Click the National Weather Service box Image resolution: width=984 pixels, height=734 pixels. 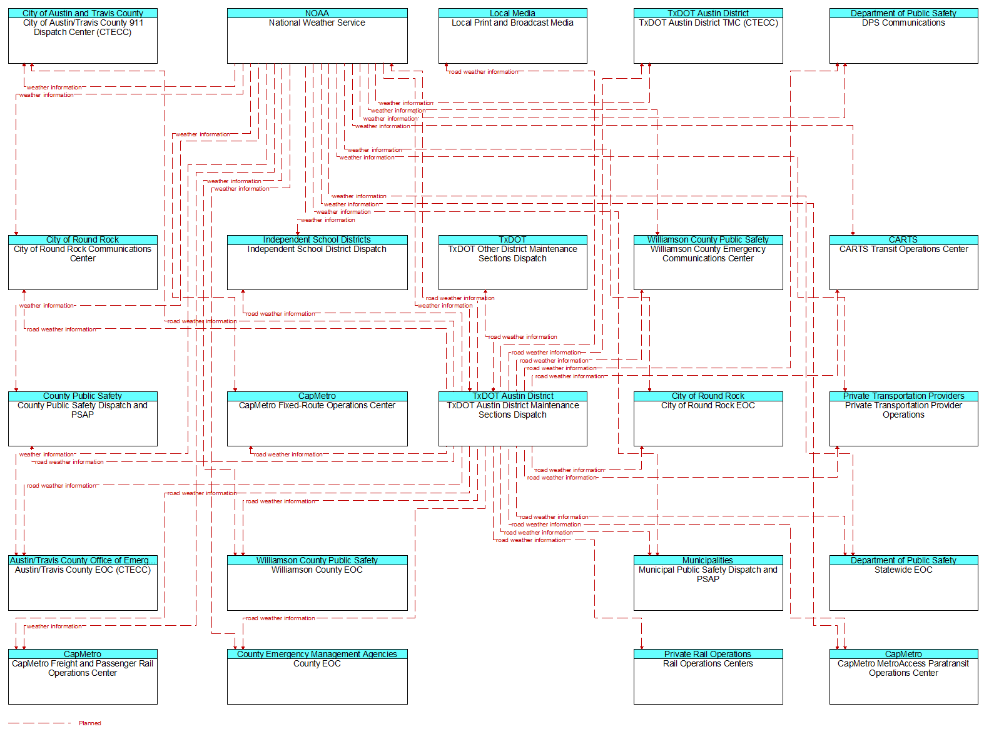point(317,36)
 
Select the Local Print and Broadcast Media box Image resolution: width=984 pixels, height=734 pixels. point(512,36)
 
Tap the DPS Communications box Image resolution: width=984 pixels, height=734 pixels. point(903,36)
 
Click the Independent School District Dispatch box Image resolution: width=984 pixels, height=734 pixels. point(317,263)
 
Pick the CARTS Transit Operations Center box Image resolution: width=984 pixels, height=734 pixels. point(903,263)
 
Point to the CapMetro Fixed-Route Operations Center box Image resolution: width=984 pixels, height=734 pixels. point(317,419)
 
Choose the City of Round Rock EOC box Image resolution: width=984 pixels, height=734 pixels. point(708,419)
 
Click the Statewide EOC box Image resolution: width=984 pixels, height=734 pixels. point(903,583)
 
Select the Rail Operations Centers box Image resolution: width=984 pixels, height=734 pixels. point(708,676)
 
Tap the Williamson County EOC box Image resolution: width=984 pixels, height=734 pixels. point(317,583)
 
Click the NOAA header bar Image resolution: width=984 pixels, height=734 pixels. point(317,13)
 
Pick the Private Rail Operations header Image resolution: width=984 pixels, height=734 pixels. point(708,654)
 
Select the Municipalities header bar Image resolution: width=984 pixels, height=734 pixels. point(708,560)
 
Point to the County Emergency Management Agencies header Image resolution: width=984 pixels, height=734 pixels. point(317,654)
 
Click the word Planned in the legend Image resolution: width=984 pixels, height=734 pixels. point(89,723)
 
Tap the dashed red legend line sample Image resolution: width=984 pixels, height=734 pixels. point(39,723)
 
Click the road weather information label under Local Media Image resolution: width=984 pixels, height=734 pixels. point(484,72)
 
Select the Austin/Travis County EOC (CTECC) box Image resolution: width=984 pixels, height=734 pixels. point(83,583)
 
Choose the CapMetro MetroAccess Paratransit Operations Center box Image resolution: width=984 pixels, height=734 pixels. point(903,676)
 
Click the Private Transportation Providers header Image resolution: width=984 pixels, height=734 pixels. point(903,396)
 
